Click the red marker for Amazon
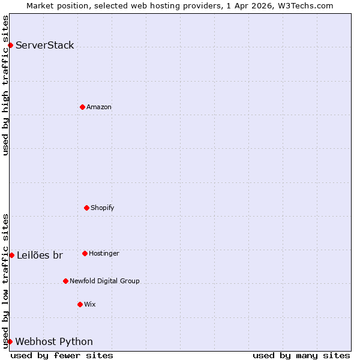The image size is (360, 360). pyautogui.click(x=82, y=107)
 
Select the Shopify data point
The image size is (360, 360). pyautogui.click(x=86, y=208)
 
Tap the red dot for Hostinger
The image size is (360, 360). pyautogui.click(x=85, y=253)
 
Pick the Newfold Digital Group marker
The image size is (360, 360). pyautogui.click(x=65, y=281)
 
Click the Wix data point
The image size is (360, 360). pyautogui.click(x=80, y=304)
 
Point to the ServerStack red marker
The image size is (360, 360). pyautogui.click(x=10, y=45)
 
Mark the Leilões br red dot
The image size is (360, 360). pyautogui.click(x=11, y=255)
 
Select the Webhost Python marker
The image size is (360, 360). pyautogui.click(x=10, y=341)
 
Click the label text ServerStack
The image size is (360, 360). pyautogui.click(x=45, y=45)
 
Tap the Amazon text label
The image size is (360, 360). pyautogui.click(x=99, y=107)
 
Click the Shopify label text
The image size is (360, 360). pyautogui.click(x=103, y=208)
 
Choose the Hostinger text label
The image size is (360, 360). pyautogui.click(x=104, y=253)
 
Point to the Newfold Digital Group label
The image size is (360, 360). pyautogui.click(x=104, y=281)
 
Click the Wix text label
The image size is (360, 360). pyautogui.click(x=90, y=304)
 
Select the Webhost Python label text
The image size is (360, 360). pyautogui.click(x=54, y=341)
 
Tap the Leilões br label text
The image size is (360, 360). pyautogui.click(x=40, y=255)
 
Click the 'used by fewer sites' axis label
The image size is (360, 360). pyautogui.click(x=62, y=355)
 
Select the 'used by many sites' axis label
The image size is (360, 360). pyautogui.click(x=301, y=355)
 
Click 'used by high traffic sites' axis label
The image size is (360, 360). pyautogui.click(x=5, y=85)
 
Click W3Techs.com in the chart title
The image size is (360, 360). pyautogui.click(x=304, y=5)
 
